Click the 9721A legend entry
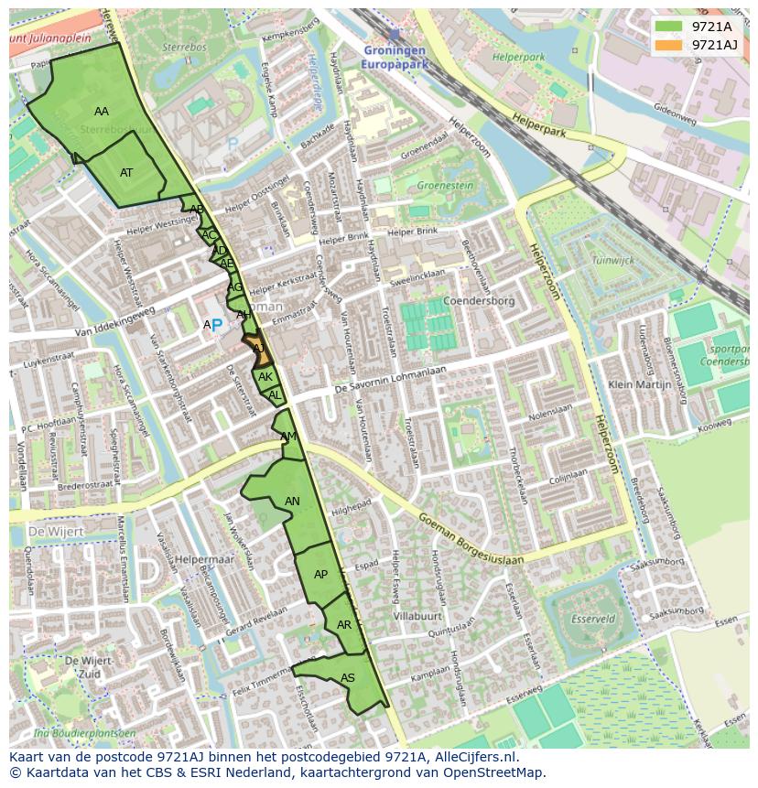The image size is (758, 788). pyautogui.click(x=710, y=27)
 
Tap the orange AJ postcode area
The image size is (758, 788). pyautogui.click(x=257, y=349)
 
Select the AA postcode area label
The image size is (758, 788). pyautogui.click(x=102, y=112)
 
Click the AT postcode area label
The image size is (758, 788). pyautogui.click(x=126, y=172)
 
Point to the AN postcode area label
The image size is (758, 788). pyautogui.click(x=292, y=502)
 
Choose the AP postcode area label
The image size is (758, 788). pyautogui.click(x=320, y=575)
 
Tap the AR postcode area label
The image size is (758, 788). pyautogui.click(x=344, y=625)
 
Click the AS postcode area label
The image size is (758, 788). pyautogui.click(x=348, y=678)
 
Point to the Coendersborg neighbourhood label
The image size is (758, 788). pyautogui.click(x=479, y=300)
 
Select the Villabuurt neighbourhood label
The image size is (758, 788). pyautogui.click(x=417, y=617)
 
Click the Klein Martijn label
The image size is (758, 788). pyautogui.click(x=640, y=385)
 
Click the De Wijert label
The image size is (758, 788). pyautogui.click(x=56, y=531)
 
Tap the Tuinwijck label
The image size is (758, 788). pyautogui.click(x=612, y=260)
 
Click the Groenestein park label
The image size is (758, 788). pyautogui.click(x=445, y=185)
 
